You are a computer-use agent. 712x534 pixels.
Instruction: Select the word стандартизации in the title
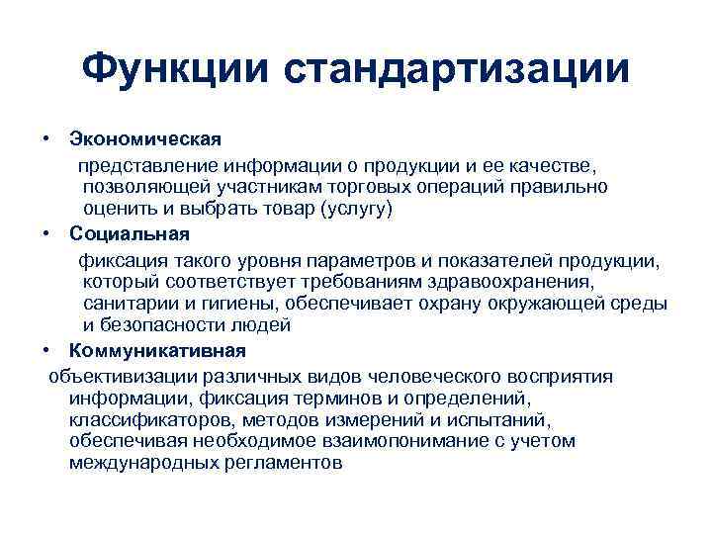coord(456,68)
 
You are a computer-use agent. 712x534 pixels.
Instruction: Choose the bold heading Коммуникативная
coord(157,350)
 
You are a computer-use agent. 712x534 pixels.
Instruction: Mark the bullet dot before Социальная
coord(46,233)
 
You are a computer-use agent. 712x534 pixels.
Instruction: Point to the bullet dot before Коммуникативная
coord(46,350)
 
